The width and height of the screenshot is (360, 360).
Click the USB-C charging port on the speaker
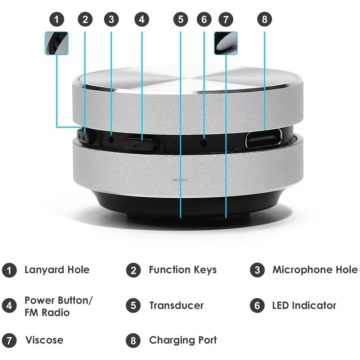(264, 139)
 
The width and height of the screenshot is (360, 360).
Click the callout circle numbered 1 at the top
(57, 19)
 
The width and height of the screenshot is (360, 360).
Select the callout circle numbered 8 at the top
(265, 19)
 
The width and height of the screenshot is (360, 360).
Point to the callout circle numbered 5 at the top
(180, 19)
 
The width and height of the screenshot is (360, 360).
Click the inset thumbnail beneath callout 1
(57, 43)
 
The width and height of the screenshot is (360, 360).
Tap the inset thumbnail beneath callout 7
(226, 43)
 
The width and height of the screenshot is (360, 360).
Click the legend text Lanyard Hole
(57, 270)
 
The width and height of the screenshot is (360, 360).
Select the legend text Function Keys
(183, 270)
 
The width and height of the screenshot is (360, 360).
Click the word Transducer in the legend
(176, 306)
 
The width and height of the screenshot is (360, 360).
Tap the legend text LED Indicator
(304, 306)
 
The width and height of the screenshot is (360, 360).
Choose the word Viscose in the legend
(44, 340)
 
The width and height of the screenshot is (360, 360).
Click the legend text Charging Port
(183, 340)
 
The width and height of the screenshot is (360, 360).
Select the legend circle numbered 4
(9, 306)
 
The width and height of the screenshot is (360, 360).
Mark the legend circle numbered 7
(9, 341)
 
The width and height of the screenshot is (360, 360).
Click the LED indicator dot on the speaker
(204, 142)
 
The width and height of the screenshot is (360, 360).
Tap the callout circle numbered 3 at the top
(111, 19)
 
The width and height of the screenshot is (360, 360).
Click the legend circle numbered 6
(257, 306)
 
